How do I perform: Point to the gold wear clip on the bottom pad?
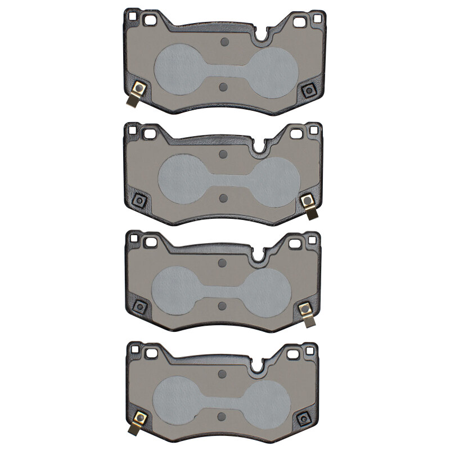[x=138, y=421]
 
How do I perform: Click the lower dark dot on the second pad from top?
[x=223, y=197]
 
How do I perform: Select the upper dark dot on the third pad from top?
[x=222, y=263]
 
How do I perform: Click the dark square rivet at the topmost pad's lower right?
[x=308, y=91]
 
